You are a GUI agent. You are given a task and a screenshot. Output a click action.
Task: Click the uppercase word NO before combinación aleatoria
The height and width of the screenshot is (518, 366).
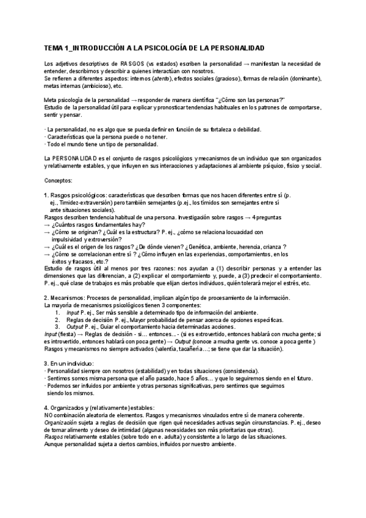click(50, 415)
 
